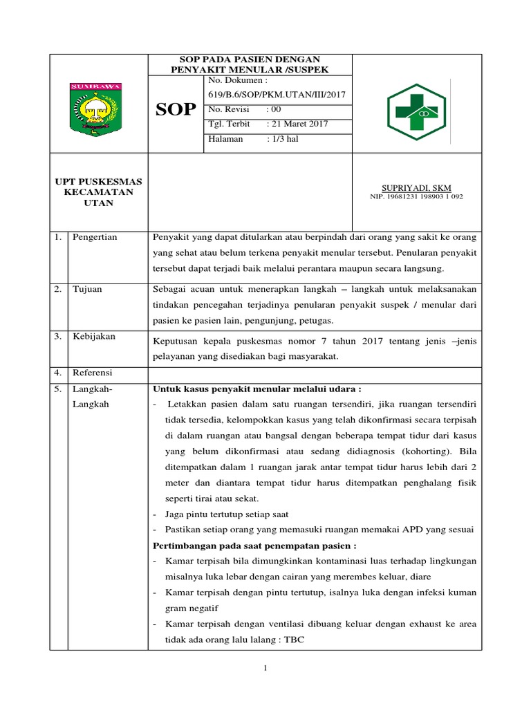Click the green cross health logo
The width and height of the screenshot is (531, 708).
tap(417, 110)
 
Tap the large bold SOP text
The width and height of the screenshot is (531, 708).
tap(176, 110)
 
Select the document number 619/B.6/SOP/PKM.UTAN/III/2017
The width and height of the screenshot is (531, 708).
tap(277, 94)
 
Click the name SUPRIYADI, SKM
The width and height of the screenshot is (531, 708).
tap(416, 187)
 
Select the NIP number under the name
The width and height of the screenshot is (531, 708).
tap(416, 196)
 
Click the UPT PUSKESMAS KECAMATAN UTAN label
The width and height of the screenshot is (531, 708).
tap(98, 192)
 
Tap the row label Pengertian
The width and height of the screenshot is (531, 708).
tap(95, 237)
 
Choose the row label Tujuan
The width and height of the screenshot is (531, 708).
tap(87, 289)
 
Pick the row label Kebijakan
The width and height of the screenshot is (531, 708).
tap(94, 336)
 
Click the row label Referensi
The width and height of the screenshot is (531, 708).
tap(93, 372)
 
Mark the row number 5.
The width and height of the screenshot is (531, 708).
tap(58, 389)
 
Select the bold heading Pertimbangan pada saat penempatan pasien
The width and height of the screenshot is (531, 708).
tap(254, 546)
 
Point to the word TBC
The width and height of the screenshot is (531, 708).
tap(294, 640)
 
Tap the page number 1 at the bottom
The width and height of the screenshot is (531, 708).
tap(265, 668)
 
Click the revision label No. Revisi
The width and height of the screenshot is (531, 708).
tap(227, 109)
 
